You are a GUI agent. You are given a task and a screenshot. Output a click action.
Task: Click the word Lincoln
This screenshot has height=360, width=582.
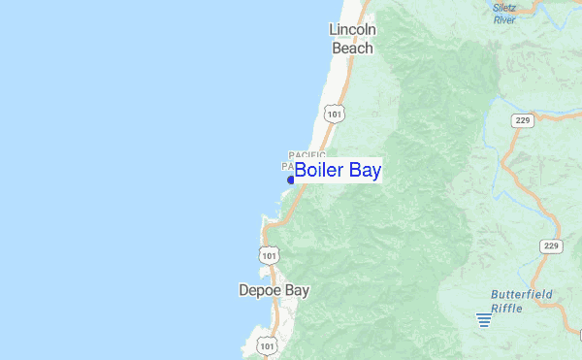point(352,30)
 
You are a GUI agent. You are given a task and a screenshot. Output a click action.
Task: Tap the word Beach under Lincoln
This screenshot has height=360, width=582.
point(352,48)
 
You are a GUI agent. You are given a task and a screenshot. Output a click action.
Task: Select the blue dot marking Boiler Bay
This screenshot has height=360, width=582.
point(290,179)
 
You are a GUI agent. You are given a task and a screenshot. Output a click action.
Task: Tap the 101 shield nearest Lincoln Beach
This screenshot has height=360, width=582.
point(335,114)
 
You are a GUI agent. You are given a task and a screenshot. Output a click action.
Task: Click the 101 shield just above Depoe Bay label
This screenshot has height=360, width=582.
point(269,255)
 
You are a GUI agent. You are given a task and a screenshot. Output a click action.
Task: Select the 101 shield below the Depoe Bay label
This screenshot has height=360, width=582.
point(268,344)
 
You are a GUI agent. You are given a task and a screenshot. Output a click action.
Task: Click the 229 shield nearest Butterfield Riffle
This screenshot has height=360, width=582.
point(551,246)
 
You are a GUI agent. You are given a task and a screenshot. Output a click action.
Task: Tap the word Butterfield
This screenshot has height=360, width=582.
point(522,293)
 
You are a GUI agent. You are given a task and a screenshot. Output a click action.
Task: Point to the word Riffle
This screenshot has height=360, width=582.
point(505,308)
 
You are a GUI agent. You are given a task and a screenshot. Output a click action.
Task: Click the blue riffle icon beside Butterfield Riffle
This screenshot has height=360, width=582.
point(483,319)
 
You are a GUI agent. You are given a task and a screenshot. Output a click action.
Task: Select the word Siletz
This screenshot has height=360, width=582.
point(504,8)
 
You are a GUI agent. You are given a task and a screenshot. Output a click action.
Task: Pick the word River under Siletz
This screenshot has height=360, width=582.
point(504,18)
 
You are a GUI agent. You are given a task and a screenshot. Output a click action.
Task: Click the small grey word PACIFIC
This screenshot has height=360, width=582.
point(307,155)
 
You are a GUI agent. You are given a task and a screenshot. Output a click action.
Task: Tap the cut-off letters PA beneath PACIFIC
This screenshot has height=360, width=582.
point(287,167)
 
